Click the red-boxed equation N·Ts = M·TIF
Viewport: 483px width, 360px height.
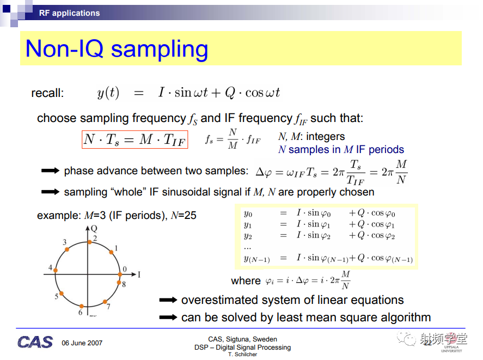pyautogui.click(x=135, y=139)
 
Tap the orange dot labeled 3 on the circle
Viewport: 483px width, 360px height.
pyautogui.click(x=67, y=249)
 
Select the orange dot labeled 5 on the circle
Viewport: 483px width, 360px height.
pyautogui.click(x=62, y=294)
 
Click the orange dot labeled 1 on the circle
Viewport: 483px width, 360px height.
pyautogui.click(x=111, y=252)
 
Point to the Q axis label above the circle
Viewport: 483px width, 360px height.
pyautogui.click(x=94, y=228)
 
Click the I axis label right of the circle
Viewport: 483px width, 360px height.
pyautogui.click(x=139, y=274)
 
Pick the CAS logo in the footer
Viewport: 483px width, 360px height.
pyautogui.click(x=35, y=342)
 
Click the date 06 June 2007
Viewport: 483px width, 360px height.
pyautogui.click(x=82, y=343)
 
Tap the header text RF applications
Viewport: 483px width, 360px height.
pyautogui.click(x=69, y=13)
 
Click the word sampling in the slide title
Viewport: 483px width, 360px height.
pyautogui.click(x=160, y=50)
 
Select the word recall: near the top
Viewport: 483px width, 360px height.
pyautogui.click(x=47, y=93)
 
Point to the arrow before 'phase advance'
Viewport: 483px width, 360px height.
pyautogui.click(x=50, y=171)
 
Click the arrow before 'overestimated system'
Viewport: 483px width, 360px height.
pyautogui.click(x=168, y=300)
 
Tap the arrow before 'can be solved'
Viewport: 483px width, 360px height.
pyautogui.click(x=168, y=317)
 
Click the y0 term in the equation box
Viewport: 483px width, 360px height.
pyautogui.click(x=248, y=213)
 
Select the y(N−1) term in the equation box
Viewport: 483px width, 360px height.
pyautogui.click(x=257, y=259)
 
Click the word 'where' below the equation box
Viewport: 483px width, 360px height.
pyautogui.click(x=246, y=281)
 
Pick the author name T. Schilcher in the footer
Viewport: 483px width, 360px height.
pyautogui.click(x=242, y=355)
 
